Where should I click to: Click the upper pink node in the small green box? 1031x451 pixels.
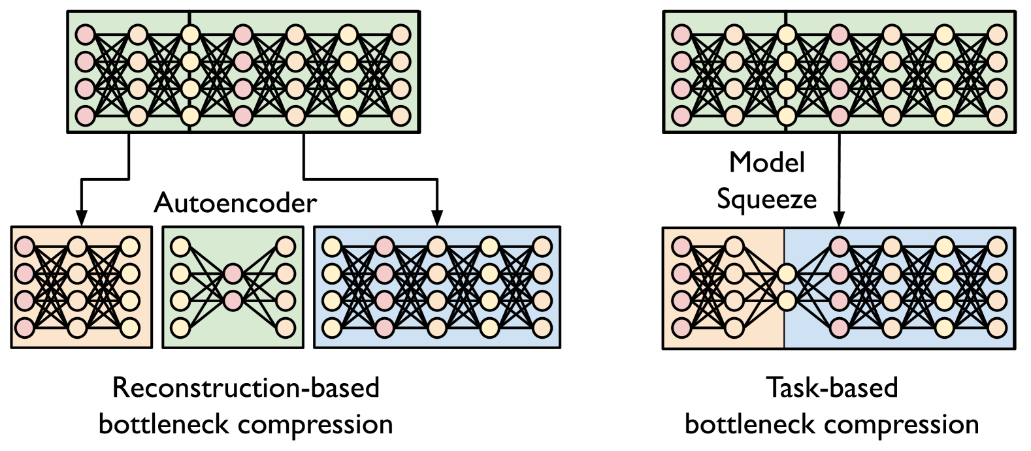[x=233, y=273]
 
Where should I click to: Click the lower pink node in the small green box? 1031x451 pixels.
[x=233, y=301]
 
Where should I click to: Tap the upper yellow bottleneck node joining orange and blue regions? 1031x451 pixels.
[x=787, y=273]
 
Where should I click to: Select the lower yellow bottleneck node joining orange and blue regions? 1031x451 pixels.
[x=787, y=301]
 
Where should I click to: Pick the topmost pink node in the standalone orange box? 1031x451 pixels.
[x=25, y=247]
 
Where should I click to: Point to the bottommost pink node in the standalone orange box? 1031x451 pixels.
[x=25, y=328]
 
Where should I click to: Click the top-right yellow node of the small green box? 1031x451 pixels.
[x=286, y=247]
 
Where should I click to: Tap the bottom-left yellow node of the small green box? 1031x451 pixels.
[x=180, y=328]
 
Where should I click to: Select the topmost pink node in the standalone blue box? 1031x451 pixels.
[x=384, y=247]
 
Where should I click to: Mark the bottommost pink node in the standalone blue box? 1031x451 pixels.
[x=384, y=328]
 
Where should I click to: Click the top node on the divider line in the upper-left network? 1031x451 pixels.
[x=190, y=35]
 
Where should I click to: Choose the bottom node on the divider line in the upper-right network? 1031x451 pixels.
[x=787, y=116]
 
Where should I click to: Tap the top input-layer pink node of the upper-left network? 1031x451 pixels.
[x=85, y=35]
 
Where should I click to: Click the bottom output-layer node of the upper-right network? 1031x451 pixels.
[x=996, y=116]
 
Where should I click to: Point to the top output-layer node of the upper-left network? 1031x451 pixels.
[x=401, y=35]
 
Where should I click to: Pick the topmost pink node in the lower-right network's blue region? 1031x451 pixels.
[x=839, y=247]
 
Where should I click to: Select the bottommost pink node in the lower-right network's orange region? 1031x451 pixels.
[x=681, y=328]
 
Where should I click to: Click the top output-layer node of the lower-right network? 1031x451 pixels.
[x=996, y=247]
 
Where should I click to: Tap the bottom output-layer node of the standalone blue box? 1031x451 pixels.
[x=542, y=328]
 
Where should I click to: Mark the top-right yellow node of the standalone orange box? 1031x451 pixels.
[x=130, y=247]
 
